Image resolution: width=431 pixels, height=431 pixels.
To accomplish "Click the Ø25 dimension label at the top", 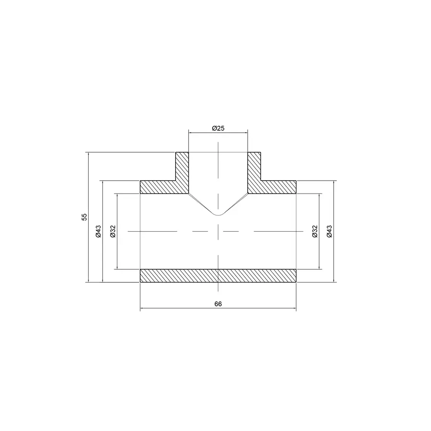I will coord(218,128).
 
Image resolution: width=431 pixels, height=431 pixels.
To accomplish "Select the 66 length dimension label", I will coord(218,304).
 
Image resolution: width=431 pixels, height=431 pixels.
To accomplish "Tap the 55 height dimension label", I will coord(84,217).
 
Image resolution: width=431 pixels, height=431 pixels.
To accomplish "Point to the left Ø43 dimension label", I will coord(98,231).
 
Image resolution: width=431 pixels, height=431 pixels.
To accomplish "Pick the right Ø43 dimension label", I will coord(329,231).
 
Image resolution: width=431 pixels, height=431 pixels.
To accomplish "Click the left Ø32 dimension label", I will coord(113,231).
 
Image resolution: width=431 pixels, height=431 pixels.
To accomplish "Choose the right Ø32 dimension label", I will coord(315,231).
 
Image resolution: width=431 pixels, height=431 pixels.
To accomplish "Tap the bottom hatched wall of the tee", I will coord(218,276).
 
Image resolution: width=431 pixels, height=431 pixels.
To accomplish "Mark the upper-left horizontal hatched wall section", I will coord(158,187).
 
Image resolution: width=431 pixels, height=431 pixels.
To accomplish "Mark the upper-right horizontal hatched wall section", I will coord(278,187).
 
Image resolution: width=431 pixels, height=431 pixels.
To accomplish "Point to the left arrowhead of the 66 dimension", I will coord(141,309).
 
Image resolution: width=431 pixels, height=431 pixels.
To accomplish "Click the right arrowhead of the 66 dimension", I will coord(295,309).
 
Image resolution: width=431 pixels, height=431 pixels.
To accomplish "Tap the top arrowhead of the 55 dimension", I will coord(89,154).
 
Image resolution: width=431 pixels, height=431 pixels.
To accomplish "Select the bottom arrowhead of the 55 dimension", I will coord(89,281).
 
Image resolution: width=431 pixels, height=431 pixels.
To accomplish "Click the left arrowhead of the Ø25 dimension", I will coord(190,133).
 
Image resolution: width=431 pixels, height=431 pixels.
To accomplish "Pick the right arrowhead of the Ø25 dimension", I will coord(246,133).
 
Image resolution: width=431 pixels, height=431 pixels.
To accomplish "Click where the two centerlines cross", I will coord(218,231).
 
